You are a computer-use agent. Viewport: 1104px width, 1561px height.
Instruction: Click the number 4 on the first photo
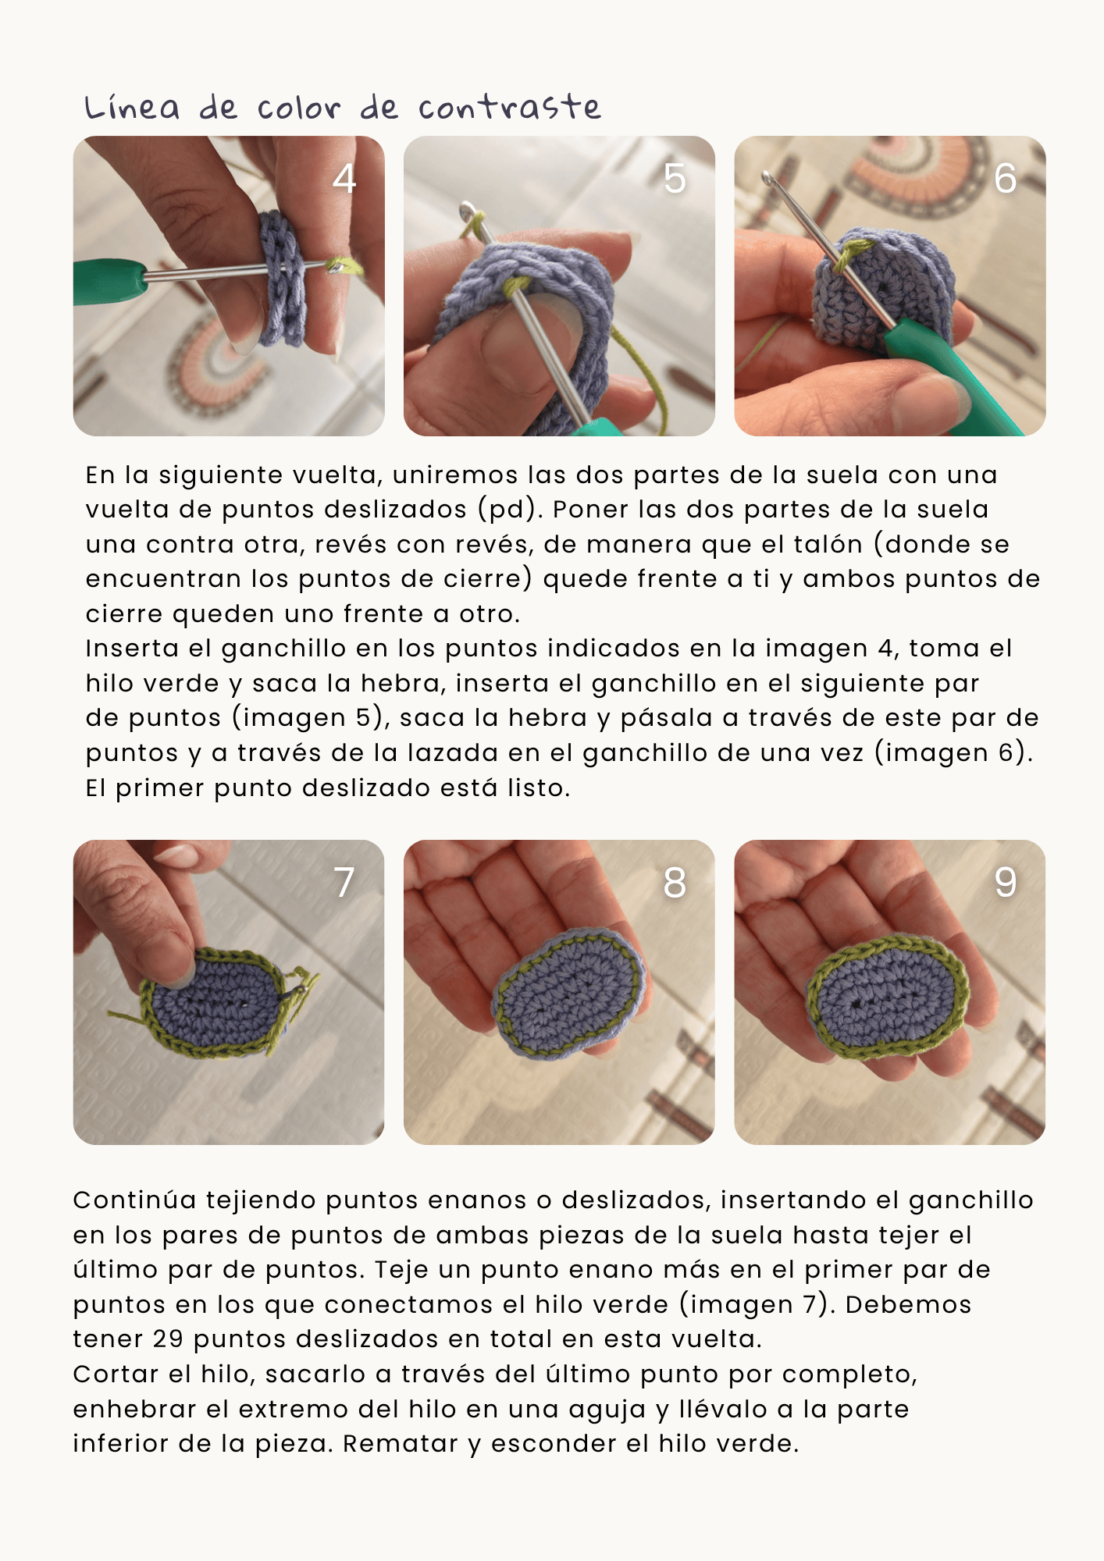click(344, 179)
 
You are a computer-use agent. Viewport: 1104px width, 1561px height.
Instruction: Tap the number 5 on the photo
click(675, 179)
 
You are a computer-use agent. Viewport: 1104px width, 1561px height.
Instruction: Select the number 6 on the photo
click(1005, 179)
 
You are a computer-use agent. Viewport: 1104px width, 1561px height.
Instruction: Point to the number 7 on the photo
click(344, 883)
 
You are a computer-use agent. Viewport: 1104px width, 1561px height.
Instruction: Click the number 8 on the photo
click(675, 883)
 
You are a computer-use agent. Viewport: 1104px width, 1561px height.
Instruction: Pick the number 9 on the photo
click(1005, 883)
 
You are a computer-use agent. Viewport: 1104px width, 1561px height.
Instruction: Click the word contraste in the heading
click(509, 108)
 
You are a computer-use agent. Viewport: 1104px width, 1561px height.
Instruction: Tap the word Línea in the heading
click(132, 108)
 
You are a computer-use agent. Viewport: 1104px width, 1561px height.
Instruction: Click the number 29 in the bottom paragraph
click(168, 1339)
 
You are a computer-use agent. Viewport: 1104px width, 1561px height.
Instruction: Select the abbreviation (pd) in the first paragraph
click(511, 510)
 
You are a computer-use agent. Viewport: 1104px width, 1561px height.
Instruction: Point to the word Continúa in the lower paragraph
click(134, 1200)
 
